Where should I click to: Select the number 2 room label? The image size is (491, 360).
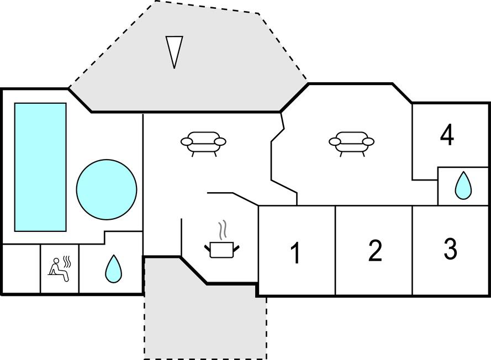(x=375, y=251)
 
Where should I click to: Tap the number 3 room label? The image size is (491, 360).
(x=451, y=249)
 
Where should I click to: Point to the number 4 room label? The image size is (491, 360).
(x=447, y=135)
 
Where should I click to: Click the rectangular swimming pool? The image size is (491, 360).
(x=40, y=167)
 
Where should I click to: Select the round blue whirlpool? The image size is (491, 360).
(x=106, y=189)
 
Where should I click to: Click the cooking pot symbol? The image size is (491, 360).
(x=223, y=249)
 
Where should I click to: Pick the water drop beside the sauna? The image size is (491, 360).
(x=113, y=268)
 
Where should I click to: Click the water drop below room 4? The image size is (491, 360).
(x=463, y=186)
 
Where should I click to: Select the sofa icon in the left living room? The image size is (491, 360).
(x=203, y=142)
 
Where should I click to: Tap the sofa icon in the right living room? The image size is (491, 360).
(x=351, y=142)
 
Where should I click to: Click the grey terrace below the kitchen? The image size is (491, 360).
(x=204, y=320)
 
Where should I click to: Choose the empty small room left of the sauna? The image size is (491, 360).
(x=21, y=269)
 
